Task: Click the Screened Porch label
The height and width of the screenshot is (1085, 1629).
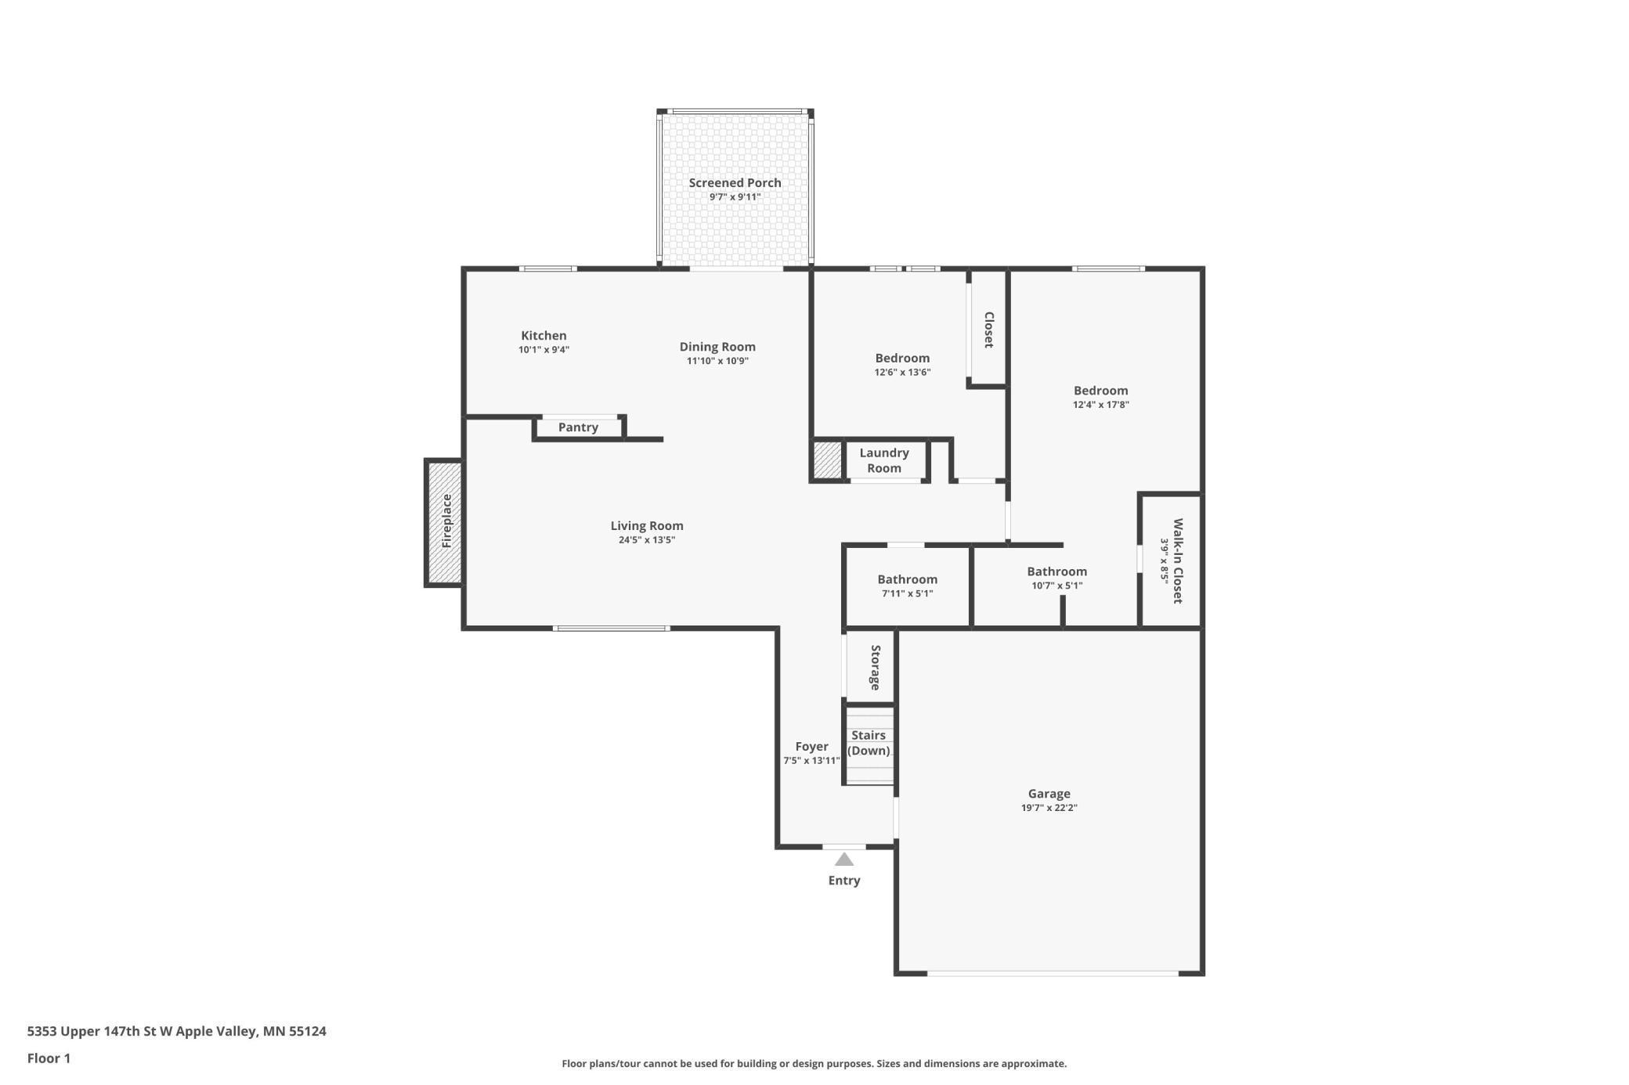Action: pos(735,182)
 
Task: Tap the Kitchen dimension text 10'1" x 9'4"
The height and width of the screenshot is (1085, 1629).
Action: pos(544,350)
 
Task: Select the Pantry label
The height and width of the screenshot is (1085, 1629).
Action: pos(578,427)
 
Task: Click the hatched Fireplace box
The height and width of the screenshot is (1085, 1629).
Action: pos(445,521)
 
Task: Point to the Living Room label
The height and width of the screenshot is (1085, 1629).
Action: pos(647,526)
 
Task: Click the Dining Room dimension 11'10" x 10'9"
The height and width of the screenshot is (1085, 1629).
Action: pos(717,361)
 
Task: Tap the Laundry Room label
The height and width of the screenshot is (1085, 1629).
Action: pos(884,460)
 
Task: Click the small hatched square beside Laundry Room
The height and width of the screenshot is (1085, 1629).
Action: pos(827,460)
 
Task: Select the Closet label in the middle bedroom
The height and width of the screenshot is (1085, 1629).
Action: pos(988,330)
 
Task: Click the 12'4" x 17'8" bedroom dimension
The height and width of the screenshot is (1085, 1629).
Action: pos(1100,405)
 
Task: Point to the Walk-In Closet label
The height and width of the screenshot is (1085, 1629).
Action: pos(1177,561)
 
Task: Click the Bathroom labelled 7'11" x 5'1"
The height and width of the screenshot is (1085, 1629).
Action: pos(907,579)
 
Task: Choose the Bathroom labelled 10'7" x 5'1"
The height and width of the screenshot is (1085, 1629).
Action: pos(1057,571)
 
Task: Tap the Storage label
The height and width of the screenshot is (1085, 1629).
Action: pos(876,667)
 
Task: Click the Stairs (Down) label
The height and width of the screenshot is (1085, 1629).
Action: pos(869,743)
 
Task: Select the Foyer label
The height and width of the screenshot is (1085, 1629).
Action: pos(811,747)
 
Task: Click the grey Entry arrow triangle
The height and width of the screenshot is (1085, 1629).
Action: pos(843,860)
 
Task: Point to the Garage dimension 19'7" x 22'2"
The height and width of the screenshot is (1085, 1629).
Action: pos(1049,808)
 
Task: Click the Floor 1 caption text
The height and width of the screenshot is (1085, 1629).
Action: pos(49,1058)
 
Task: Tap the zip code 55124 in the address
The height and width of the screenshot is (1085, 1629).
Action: pos(307,1031)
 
